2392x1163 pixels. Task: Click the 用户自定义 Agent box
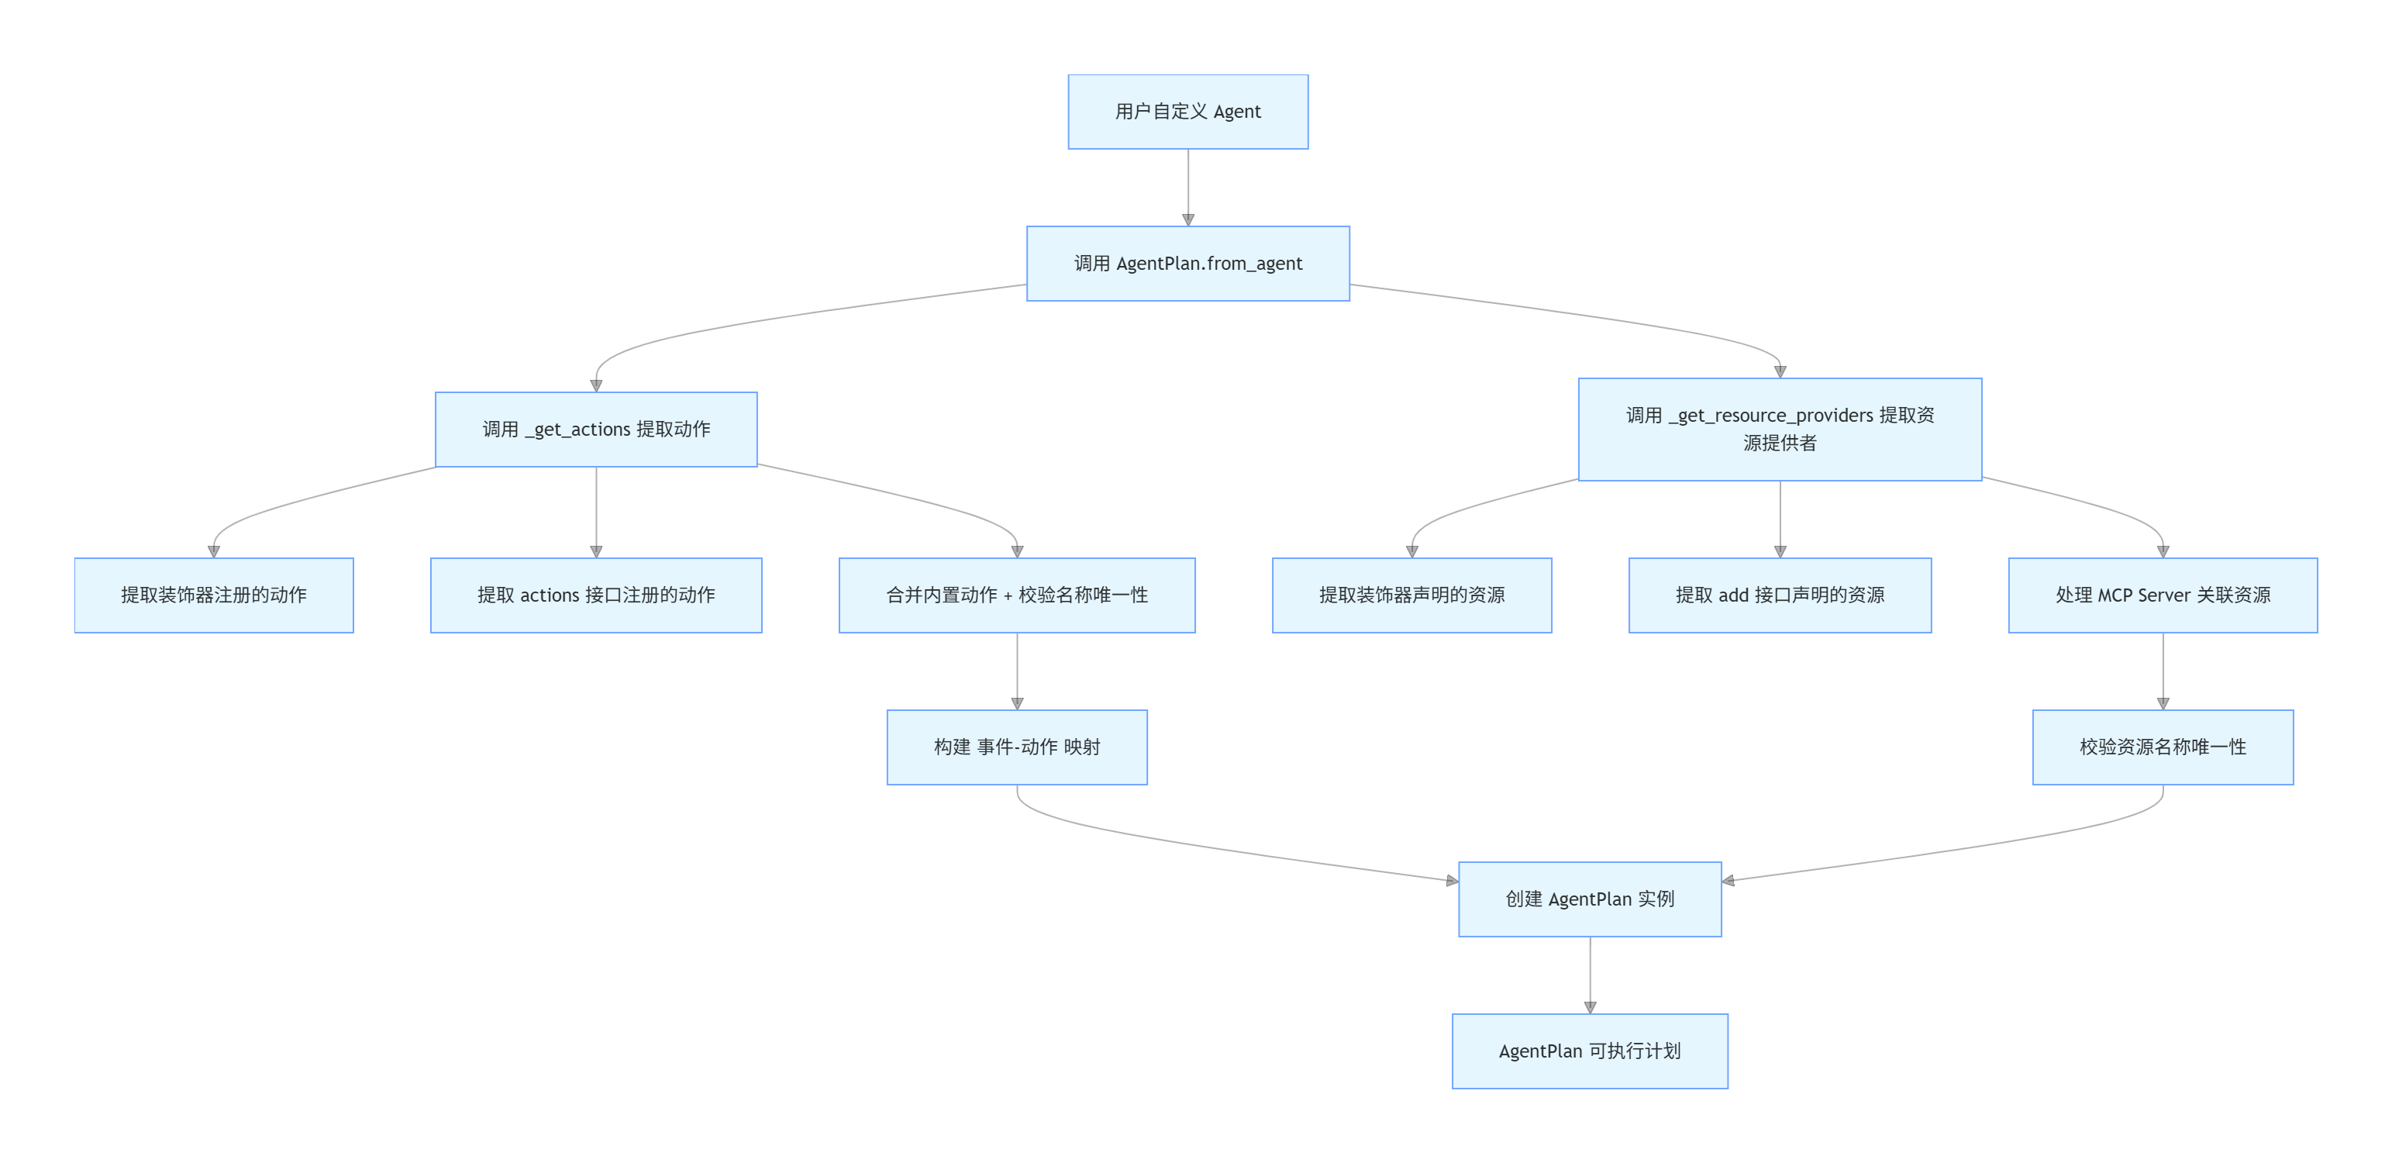point(1187,112)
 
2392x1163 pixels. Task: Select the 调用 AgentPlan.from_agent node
point(1187,264)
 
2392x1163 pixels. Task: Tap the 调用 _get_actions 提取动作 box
point(596,430)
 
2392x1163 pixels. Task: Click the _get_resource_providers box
point(1779,430)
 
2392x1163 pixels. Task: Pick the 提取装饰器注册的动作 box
point(214,595)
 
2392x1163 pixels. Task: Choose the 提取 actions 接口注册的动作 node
point(596,595)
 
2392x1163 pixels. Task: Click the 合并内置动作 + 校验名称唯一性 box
point(1017,595)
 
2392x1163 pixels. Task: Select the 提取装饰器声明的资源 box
point(1411,595)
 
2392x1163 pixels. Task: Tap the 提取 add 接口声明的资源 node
point(1779,595)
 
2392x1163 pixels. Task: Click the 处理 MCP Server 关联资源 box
point(2163,595)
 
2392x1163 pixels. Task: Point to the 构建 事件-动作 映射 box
point(1017,747)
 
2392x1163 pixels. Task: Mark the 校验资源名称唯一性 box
point(2163,747)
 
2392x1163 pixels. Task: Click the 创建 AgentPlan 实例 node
point(1590,899)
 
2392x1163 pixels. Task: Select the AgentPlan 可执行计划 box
point(1590,1051)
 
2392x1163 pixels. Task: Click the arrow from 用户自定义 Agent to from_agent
point(1187,186)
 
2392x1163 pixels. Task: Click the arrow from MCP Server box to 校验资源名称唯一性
point(2163,671)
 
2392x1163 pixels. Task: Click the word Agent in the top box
point(1237,112)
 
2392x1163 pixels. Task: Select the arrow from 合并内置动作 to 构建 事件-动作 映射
point(1017,671)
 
